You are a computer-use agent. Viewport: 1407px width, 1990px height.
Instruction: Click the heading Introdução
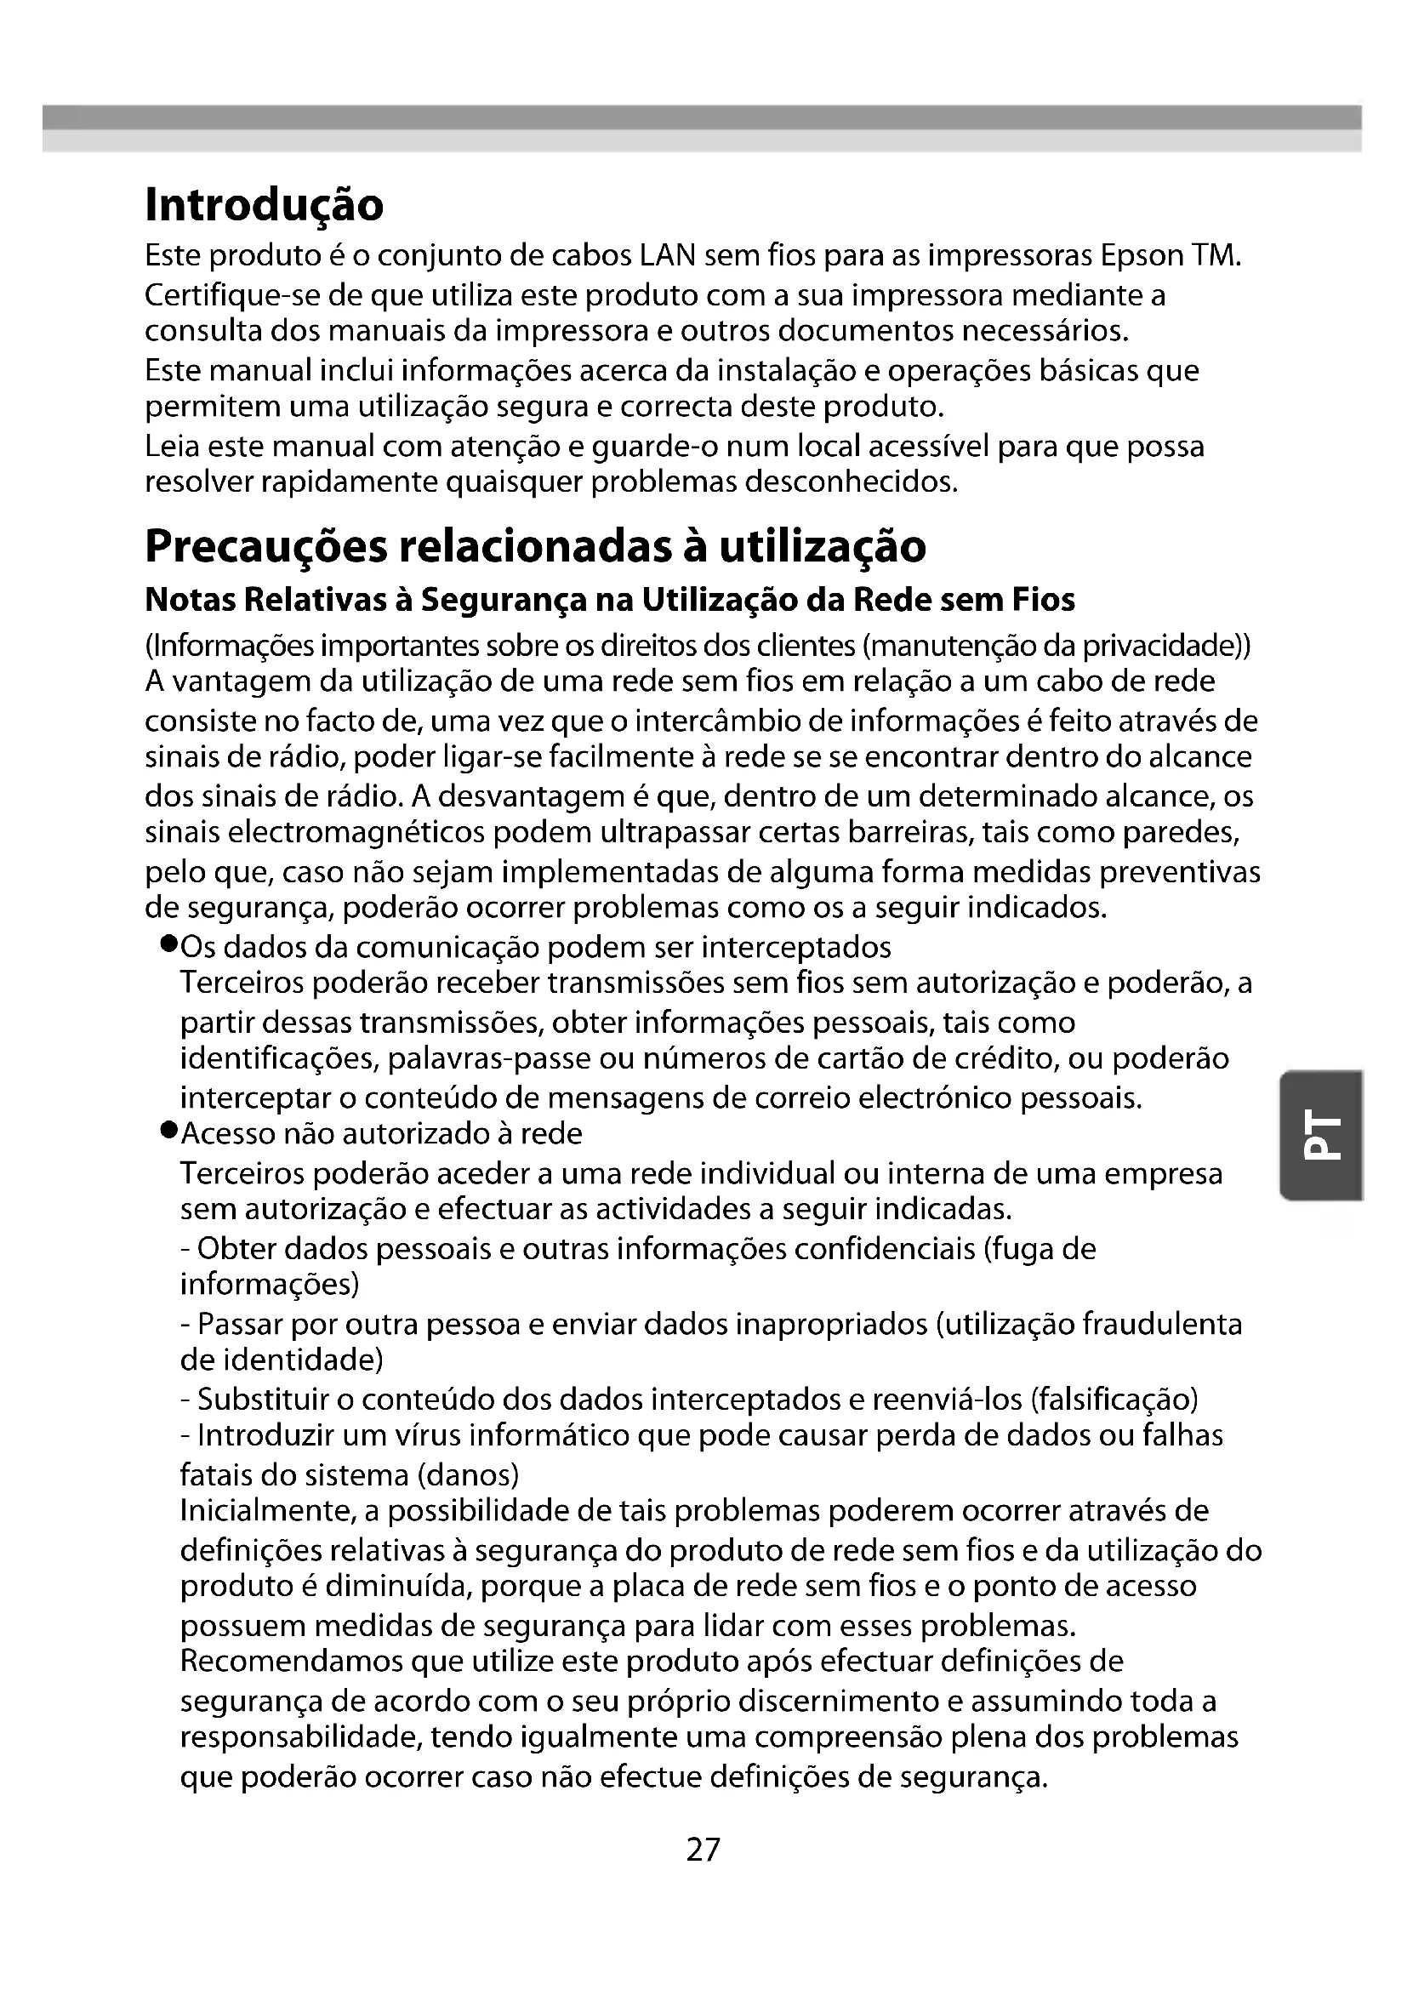[264, 205]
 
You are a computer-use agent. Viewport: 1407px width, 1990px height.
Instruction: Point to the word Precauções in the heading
[266, 546]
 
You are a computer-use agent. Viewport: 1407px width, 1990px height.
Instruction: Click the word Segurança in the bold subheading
[514, 600]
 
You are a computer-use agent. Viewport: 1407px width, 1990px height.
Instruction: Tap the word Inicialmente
[268, 1512]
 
